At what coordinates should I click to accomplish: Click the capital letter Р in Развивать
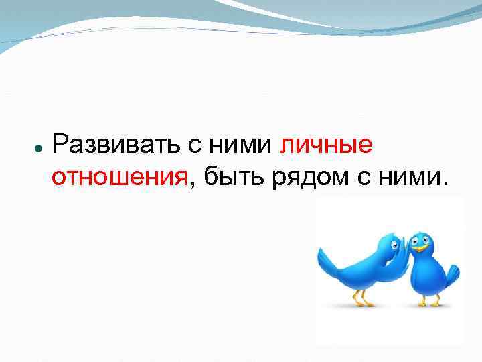60,143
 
